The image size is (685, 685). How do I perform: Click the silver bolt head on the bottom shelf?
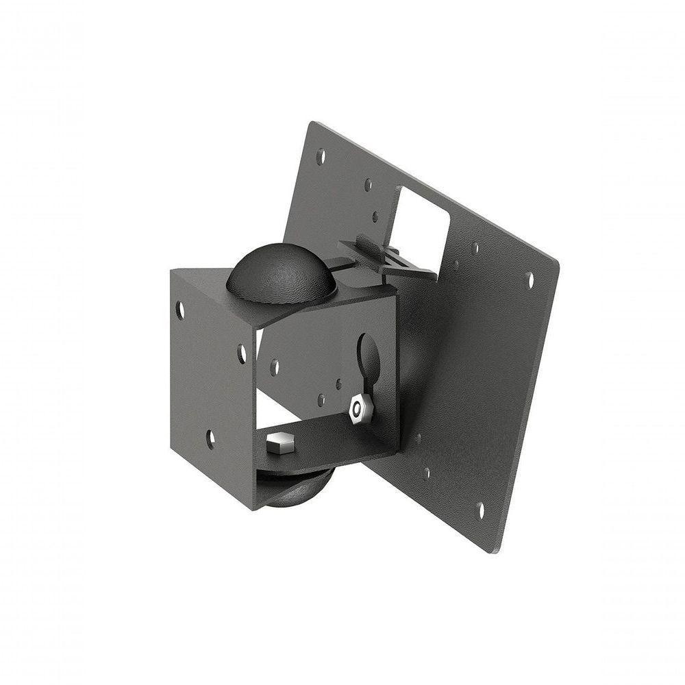pyautogui.click(x=279, y=445)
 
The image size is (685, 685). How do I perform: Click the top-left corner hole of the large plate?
pyautogui.click(x=321, y=157)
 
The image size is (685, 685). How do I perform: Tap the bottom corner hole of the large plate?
pyautogui.click(x=480, y=510)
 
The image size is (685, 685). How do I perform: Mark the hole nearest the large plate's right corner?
pyautogui.click(x=529, y=279)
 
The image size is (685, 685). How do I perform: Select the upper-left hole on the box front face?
pyautogui.click(x=180, y=310)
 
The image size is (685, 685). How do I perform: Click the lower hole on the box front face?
pyautogui.click(x=210, y=438)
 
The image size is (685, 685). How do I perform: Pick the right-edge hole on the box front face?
pyautogui.click(x=242, y=353)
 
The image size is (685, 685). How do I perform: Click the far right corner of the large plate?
pyautogui.click(x=558, y=263)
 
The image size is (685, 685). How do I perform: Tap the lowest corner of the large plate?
pyautogui.click(x=503, y=552)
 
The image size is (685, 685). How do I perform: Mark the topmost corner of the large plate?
pyautogui.click(x=312, y=123)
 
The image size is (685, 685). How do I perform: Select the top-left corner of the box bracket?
pyautogui.click(x=171, y=270)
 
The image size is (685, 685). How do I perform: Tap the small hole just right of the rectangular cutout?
pyautogui.click(x=475, y=247)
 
